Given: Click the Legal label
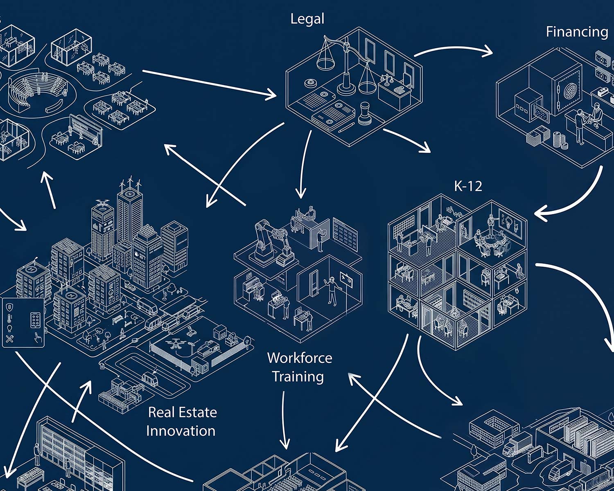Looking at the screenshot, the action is pyautogui.click(x=307, y=19).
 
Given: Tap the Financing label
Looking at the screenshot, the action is pyautogui.click(x=577, y=32).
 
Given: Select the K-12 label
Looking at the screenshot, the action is pyautogui.click(x=468, y=186).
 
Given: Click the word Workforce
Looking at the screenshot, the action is pyautogui.click(x=300, y=358).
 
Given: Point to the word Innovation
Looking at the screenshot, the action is pyautogui.click(x=181, y=431).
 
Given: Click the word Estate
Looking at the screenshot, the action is pyautogui.click(x=197, y=412).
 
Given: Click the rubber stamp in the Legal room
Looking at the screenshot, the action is pyautogui.click(x=364, y=113).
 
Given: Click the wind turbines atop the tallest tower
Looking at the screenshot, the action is pyautogui.click(x=130, y=182).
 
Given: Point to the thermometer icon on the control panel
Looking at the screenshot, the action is pyautogui.click(x=10, y=318).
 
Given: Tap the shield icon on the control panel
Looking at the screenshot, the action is pyautogui.click(x=10, y=307).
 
